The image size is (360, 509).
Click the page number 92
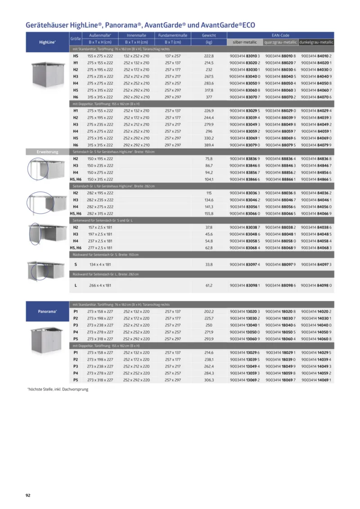28,495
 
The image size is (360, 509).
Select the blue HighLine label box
47,42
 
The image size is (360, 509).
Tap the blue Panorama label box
47,311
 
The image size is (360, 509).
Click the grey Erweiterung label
47,152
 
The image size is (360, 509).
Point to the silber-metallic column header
245,42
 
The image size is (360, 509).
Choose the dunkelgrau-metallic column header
316,42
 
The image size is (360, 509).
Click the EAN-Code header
280,35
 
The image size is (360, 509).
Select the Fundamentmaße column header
172,35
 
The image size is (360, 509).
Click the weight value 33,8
209,265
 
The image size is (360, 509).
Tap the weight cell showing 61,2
209,285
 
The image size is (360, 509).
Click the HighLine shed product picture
47,74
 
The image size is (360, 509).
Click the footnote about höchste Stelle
58,389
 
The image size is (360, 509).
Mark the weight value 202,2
209,311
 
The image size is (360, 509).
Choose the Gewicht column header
209,35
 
